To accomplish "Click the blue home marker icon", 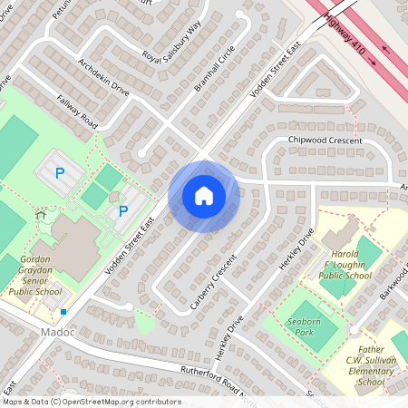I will pyautogui.click(x=204, y=195).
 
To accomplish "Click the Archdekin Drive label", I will pyautogui.click(x=104, y=77).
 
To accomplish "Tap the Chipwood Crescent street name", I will pyautogui.click(x=325, y=141).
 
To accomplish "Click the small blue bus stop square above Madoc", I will pyautogui.click(x=63, y=312).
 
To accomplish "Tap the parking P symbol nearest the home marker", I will pyautogui.click(x=123, y=211).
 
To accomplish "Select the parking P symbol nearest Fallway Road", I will pyautogui.click(x=61, y=171).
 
